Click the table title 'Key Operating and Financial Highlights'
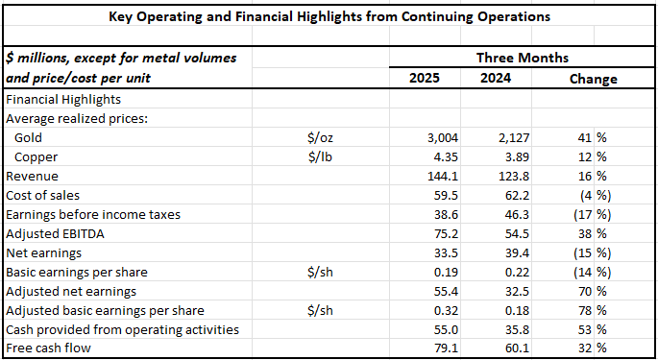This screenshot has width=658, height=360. coord(329,16)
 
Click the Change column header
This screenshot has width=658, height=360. coord(593,79)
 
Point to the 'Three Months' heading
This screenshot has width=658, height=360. coord(523,58)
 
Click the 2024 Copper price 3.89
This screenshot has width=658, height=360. coord(499,156)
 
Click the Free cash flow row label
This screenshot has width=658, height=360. coord(47,348)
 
